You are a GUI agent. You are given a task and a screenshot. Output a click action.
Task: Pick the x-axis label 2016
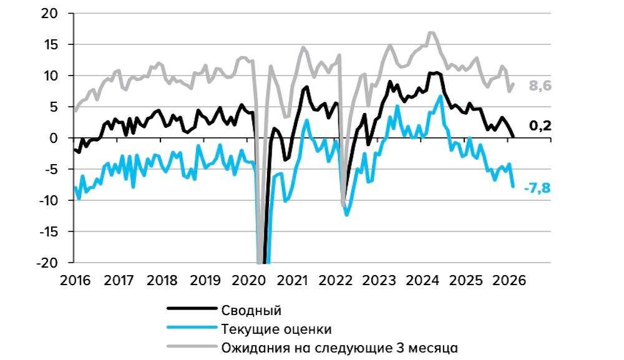(x=76, y=280)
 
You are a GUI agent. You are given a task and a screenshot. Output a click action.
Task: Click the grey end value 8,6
(x=540, y=87)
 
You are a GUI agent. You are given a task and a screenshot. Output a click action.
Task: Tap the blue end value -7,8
(x=538, y=187)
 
